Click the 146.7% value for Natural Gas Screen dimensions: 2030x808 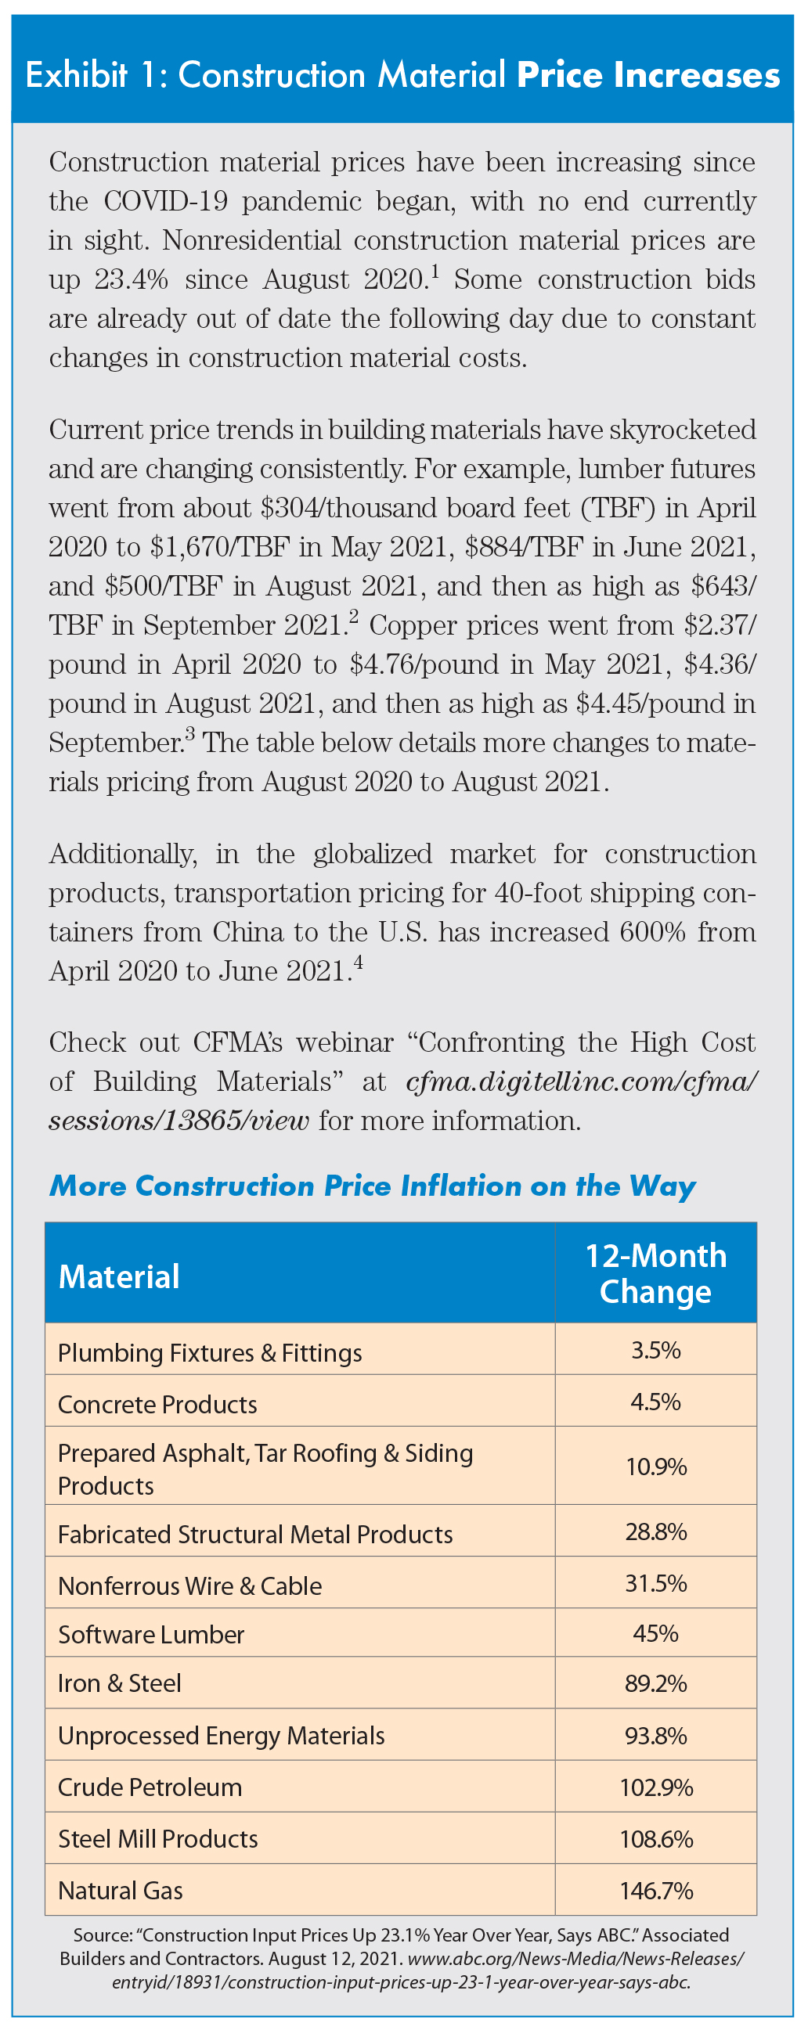pos(656,1890)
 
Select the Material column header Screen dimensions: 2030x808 pos(119,1276)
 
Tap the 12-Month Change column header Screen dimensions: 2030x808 pos(656,1272)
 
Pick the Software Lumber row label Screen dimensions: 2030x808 pos(151,1634)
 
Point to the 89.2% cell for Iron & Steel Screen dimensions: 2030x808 pos(656,1683)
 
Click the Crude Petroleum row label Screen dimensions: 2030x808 pos(150,1787)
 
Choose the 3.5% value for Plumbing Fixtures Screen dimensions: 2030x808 pos(656,1350)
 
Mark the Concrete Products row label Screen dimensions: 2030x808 pos(157,1404)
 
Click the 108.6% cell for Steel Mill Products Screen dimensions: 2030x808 pos(656,1838)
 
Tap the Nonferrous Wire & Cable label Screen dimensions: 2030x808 pos(190,1585)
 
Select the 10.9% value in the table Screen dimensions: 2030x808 pos(656,1467)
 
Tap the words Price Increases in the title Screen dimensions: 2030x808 pos(648,76)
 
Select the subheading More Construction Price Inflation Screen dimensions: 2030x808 pos(372,1186)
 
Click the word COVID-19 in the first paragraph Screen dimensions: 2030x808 pos(165,202)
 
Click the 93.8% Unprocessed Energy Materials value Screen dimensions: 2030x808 pos(656,1735)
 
